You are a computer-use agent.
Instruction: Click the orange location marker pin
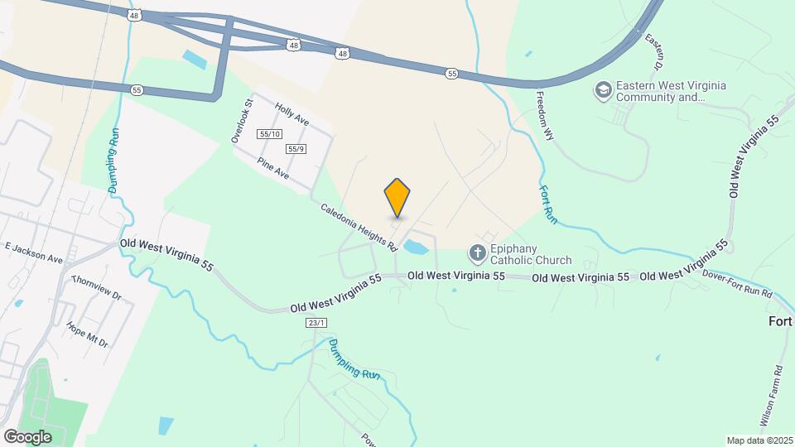click(x=397, y=197)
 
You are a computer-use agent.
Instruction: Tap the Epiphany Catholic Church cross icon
click(x=477, y=252)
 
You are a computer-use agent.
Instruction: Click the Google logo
click(x=27, y=436)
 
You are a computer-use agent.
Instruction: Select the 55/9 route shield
click(x=296, y=149)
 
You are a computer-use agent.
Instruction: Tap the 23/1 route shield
click(x=315, y=322)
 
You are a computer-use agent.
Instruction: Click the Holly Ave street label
click(x=291, y=115)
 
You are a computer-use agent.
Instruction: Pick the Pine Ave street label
click(x=272, y=169)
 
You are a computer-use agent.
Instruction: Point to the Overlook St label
click(x=241, y=122)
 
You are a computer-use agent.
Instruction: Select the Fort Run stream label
click(x=547, y=203)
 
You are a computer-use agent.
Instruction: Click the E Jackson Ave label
click(x=34, y=252)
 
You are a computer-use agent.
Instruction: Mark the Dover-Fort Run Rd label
click(x=736, y=283)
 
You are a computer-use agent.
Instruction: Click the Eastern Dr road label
click(x=654, y=51)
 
